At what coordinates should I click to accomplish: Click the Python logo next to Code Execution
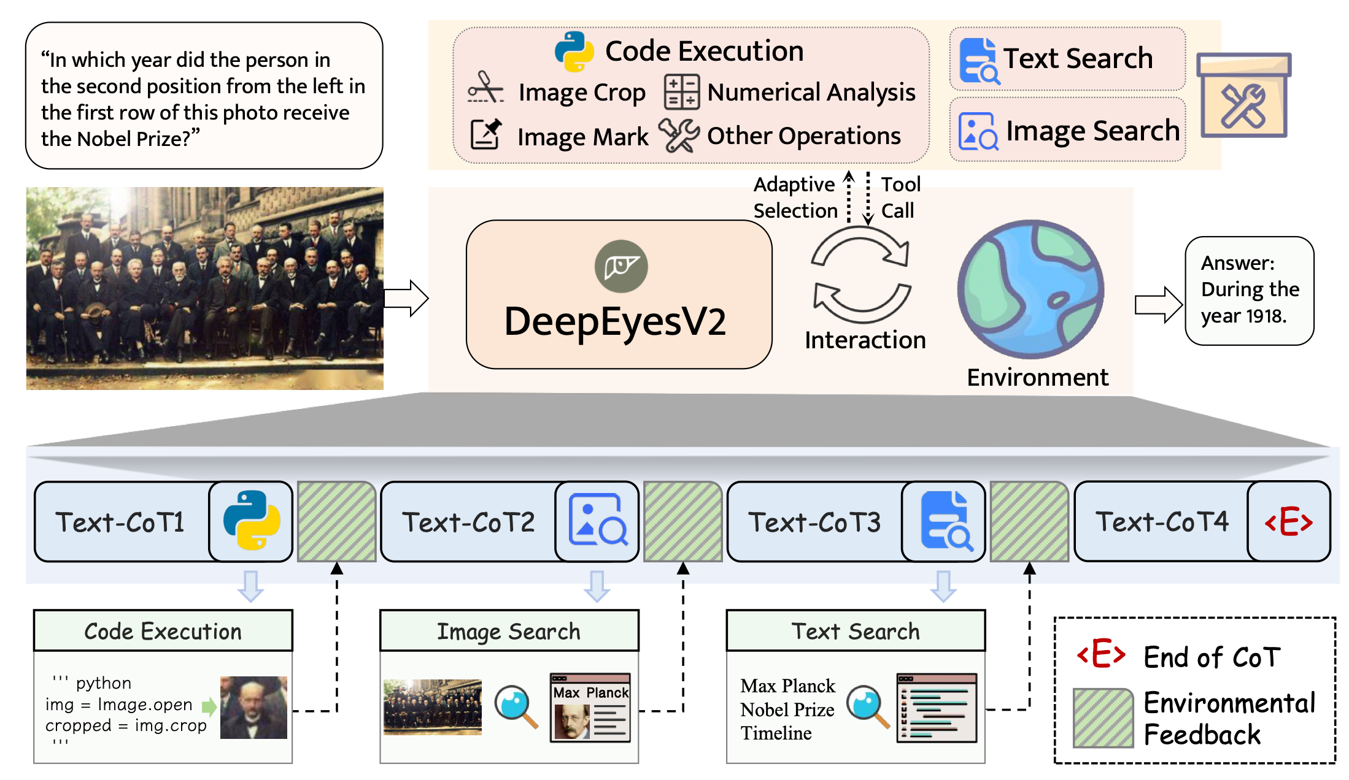574,51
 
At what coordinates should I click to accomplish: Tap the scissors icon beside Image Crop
485,87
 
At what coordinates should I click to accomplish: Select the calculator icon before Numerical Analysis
681,92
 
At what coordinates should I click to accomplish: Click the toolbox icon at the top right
1243,95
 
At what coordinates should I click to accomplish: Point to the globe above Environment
1031,289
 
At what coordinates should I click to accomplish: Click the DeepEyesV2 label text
615,321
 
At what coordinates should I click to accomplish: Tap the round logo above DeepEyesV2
621,266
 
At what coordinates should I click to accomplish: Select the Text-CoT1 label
120,522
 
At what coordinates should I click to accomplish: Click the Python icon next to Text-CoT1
252,521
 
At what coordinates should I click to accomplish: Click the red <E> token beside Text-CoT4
1289,522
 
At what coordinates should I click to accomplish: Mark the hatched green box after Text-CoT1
337,521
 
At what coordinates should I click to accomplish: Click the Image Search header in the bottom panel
509,631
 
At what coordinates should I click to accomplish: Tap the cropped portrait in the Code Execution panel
253,707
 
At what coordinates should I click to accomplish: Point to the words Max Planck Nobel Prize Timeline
788,709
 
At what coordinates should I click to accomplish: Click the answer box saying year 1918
1250,291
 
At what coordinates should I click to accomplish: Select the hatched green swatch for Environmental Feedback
1103,718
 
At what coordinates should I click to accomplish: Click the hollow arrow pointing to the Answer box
1158,305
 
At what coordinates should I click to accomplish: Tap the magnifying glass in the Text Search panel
868,706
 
